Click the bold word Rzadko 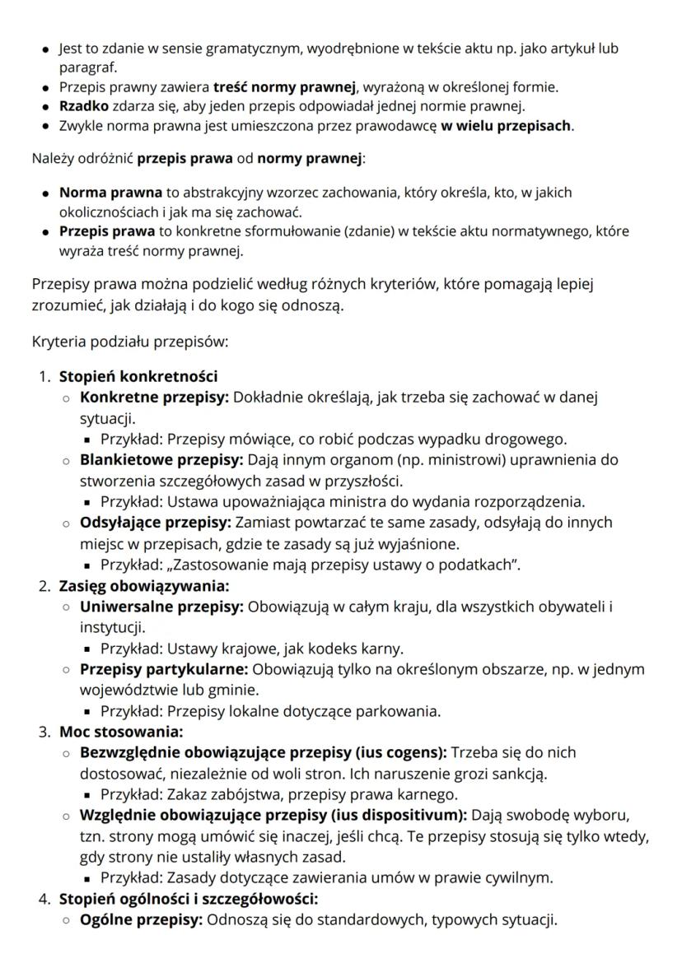[x=82, y=106]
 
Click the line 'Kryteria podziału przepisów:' [x=129, y=340]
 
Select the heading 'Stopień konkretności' [x=138, y=377]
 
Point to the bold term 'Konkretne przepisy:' [x=155, y=398]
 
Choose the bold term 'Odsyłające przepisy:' [x=156, y=522]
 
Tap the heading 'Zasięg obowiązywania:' [x=143, y=586]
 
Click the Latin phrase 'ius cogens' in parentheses [x=407, y=752]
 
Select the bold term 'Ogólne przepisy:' [x=141, y=919]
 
